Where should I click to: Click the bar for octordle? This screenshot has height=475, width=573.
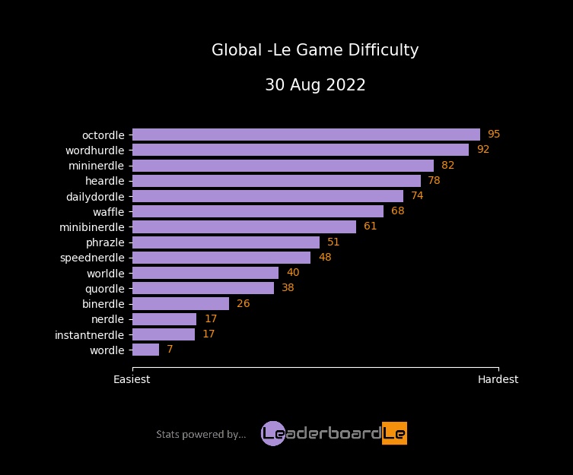[306, 135]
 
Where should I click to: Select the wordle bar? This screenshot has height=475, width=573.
[145, 350]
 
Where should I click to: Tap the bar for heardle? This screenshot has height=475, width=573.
[276, 181]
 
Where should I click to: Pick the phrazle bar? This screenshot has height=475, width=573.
[226, 242]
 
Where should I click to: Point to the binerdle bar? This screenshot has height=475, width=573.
[180, 304]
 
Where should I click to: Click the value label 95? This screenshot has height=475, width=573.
[494, 135]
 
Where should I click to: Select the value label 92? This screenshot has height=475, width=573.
[482, 150]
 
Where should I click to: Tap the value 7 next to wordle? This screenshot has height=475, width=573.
[170, 350]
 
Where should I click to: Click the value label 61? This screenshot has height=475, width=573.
[370, 226]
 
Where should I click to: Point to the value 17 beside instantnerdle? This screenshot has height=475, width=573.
[209, 334]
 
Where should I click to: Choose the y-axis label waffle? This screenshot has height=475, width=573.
[108, 211]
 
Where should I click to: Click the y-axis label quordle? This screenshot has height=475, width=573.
[104, 289]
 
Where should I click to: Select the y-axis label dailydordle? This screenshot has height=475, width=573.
[95, 196]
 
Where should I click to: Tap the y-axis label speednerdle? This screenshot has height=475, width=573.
[92, 258]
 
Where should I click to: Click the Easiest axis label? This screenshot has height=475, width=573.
[132, 379]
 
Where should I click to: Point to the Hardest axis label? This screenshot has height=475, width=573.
[498, 379]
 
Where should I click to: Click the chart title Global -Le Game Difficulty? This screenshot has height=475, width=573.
[315, 51]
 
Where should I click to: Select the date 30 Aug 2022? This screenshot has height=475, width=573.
[315, 85]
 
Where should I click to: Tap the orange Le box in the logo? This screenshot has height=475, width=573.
[394, 433]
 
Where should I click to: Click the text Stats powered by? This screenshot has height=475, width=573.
[201, 435]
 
